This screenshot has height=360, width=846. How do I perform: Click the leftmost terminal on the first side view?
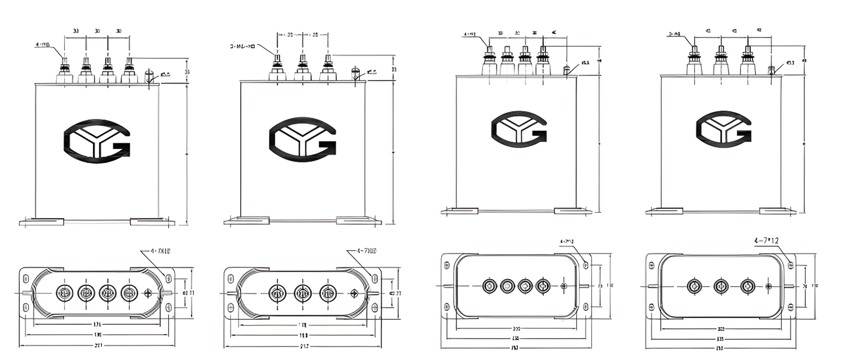point(65,71)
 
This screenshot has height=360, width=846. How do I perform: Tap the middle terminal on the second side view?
point(302,68)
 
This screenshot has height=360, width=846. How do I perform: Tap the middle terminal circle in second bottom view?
point(302,293)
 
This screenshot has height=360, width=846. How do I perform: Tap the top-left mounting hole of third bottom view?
point(448,265)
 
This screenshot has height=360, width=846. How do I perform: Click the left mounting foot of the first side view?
point(42,222)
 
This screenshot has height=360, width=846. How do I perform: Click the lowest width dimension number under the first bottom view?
point(98,345)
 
